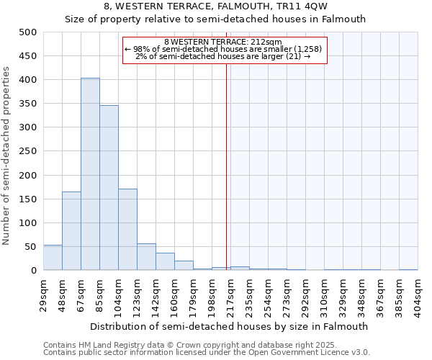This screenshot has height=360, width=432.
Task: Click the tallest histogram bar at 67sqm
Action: tap(90, 174)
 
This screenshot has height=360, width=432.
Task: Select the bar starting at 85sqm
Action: tap(109, 188)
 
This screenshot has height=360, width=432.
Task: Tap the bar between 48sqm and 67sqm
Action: tap(71, 230)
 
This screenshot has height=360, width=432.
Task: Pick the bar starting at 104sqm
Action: tap(127, 229)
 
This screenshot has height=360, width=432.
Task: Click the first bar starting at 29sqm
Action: tap(53, 258)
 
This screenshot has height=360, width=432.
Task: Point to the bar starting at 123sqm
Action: tap(146, 257)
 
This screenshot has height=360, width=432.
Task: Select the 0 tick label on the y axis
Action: tap(33, 271)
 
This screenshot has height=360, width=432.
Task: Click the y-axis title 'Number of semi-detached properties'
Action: tap(7, 155)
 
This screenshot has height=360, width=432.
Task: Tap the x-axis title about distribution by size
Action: tap(230, 326)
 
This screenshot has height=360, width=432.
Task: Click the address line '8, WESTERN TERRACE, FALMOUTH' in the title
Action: tap(216, 6)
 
